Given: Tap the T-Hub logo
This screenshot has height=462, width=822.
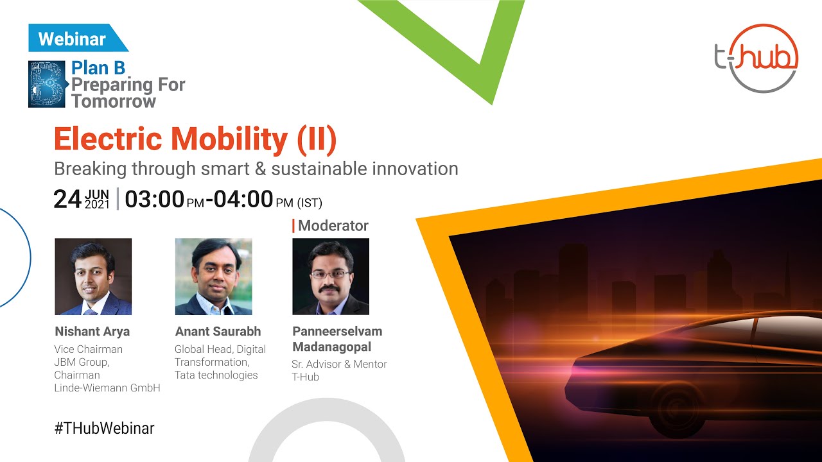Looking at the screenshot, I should pyautogui.click(x=756, y=58).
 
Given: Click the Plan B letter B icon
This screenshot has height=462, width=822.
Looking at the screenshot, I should pyautogui.click(x=47, y=84).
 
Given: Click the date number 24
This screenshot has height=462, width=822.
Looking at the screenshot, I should pyautogui.click(x=67, y=200).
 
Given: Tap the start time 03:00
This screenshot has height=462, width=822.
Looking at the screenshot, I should pyautogui.click(x=154, y=200).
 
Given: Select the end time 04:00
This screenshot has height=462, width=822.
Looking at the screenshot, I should pyautogui.click(x=243, y=200).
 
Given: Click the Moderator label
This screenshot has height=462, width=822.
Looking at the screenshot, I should pyautogui.click(x=333, y=226).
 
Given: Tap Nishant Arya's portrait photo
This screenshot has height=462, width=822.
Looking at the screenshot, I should pyautogui.click(x=93, y=277).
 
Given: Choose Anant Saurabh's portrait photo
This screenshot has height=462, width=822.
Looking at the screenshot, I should pyautogui.click(x=213, y=277).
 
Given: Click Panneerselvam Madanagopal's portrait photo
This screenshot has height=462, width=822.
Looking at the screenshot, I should pyautogui.click(x=331, y=277).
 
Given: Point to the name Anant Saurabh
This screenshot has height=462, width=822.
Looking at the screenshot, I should pyautogui.click(x=218, y=332).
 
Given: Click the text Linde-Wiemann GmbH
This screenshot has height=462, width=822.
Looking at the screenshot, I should pyautogui.click(x=107, y=388).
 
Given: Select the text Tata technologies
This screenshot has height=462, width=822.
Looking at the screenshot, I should pyautogui.click(x=216, y=375).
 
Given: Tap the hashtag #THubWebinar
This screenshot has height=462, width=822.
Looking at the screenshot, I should pyautogui.click(x=104, y=428).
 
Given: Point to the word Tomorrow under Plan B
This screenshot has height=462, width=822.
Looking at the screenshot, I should pyautogui.click(x=114, y=101).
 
